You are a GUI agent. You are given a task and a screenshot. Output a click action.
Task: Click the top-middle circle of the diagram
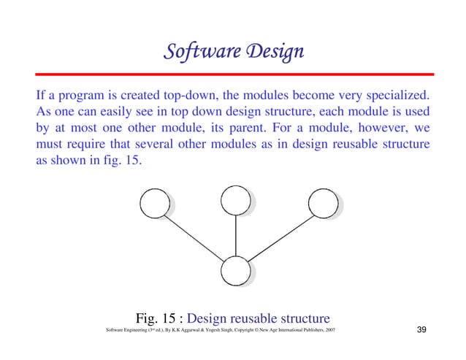(x=235, y=199)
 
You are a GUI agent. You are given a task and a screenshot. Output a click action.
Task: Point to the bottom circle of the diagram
(x=235, y=271)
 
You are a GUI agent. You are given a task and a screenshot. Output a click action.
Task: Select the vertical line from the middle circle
(x=235, y=234)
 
